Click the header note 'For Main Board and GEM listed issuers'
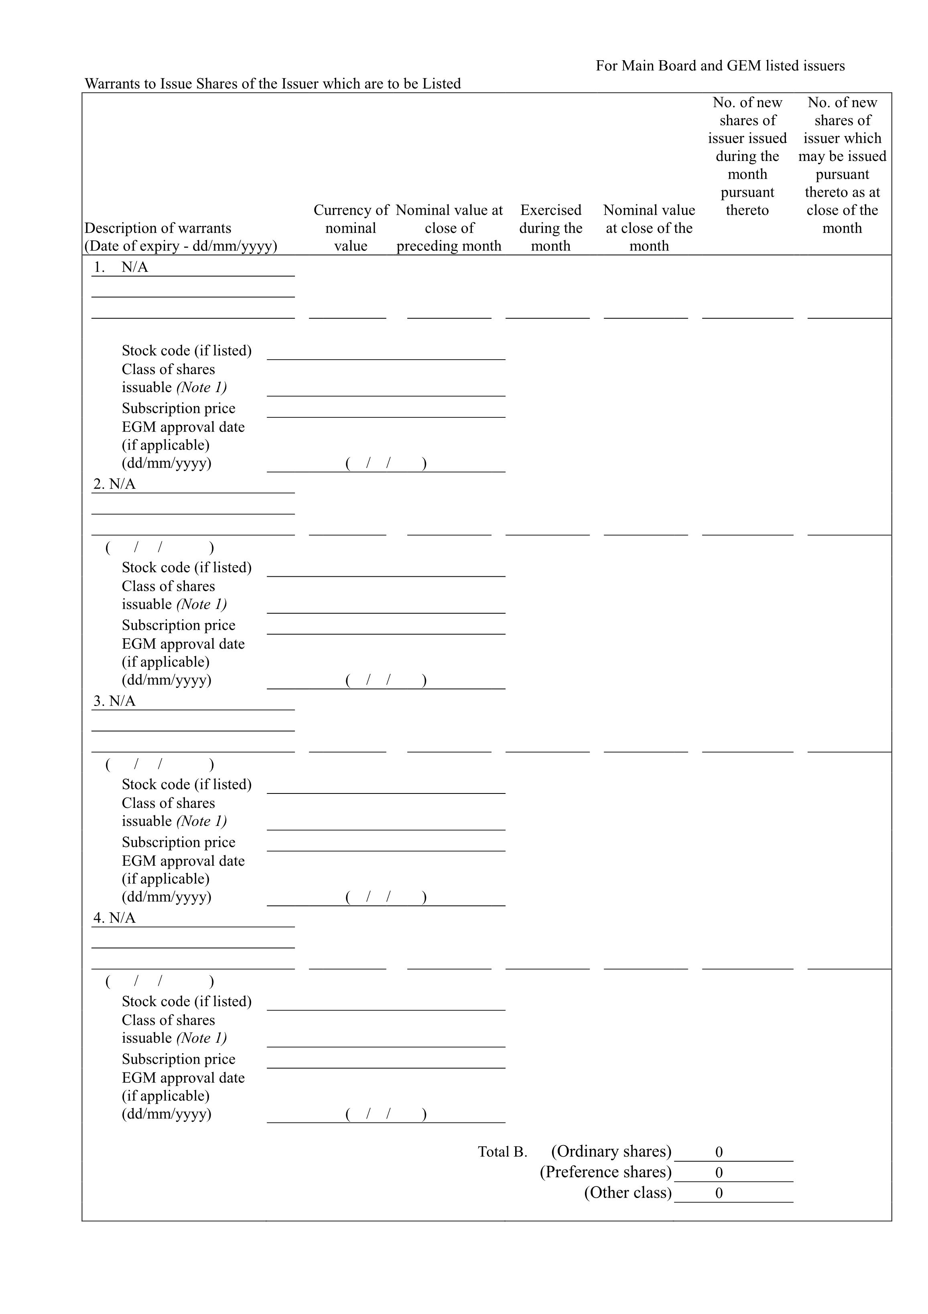coord(720,66)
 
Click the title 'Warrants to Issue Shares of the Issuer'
coord(272,83)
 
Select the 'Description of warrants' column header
coord(158,228)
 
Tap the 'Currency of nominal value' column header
coord(351,228)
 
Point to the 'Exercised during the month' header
coord(550,228)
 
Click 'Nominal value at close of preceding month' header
coord(449,228)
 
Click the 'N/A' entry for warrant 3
coord(122,701)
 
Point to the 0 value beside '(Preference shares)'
coord(719,1173)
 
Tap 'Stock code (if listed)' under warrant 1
coord(187,350)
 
